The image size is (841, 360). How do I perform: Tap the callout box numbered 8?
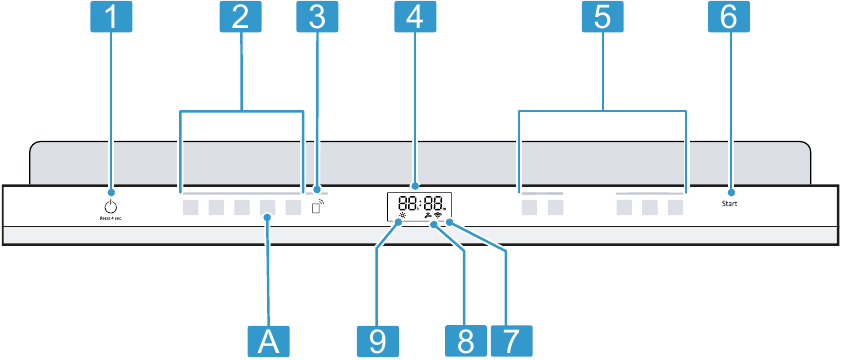click(x=464, y=339)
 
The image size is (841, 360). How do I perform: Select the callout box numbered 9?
click(x=376, y=339)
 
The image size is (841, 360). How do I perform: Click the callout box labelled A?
click(x=267, y=339)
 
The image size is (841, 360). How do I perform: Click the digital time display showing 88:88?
click(x=415, y=204)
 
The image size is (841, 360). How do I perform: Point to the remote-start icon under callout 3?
click(x=317, y=210)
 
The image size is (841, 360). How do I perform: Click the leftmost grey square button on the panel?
click(x=190, y=209)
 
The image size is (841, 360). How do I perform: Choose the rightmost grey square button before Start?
click(x=677, y=209)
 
